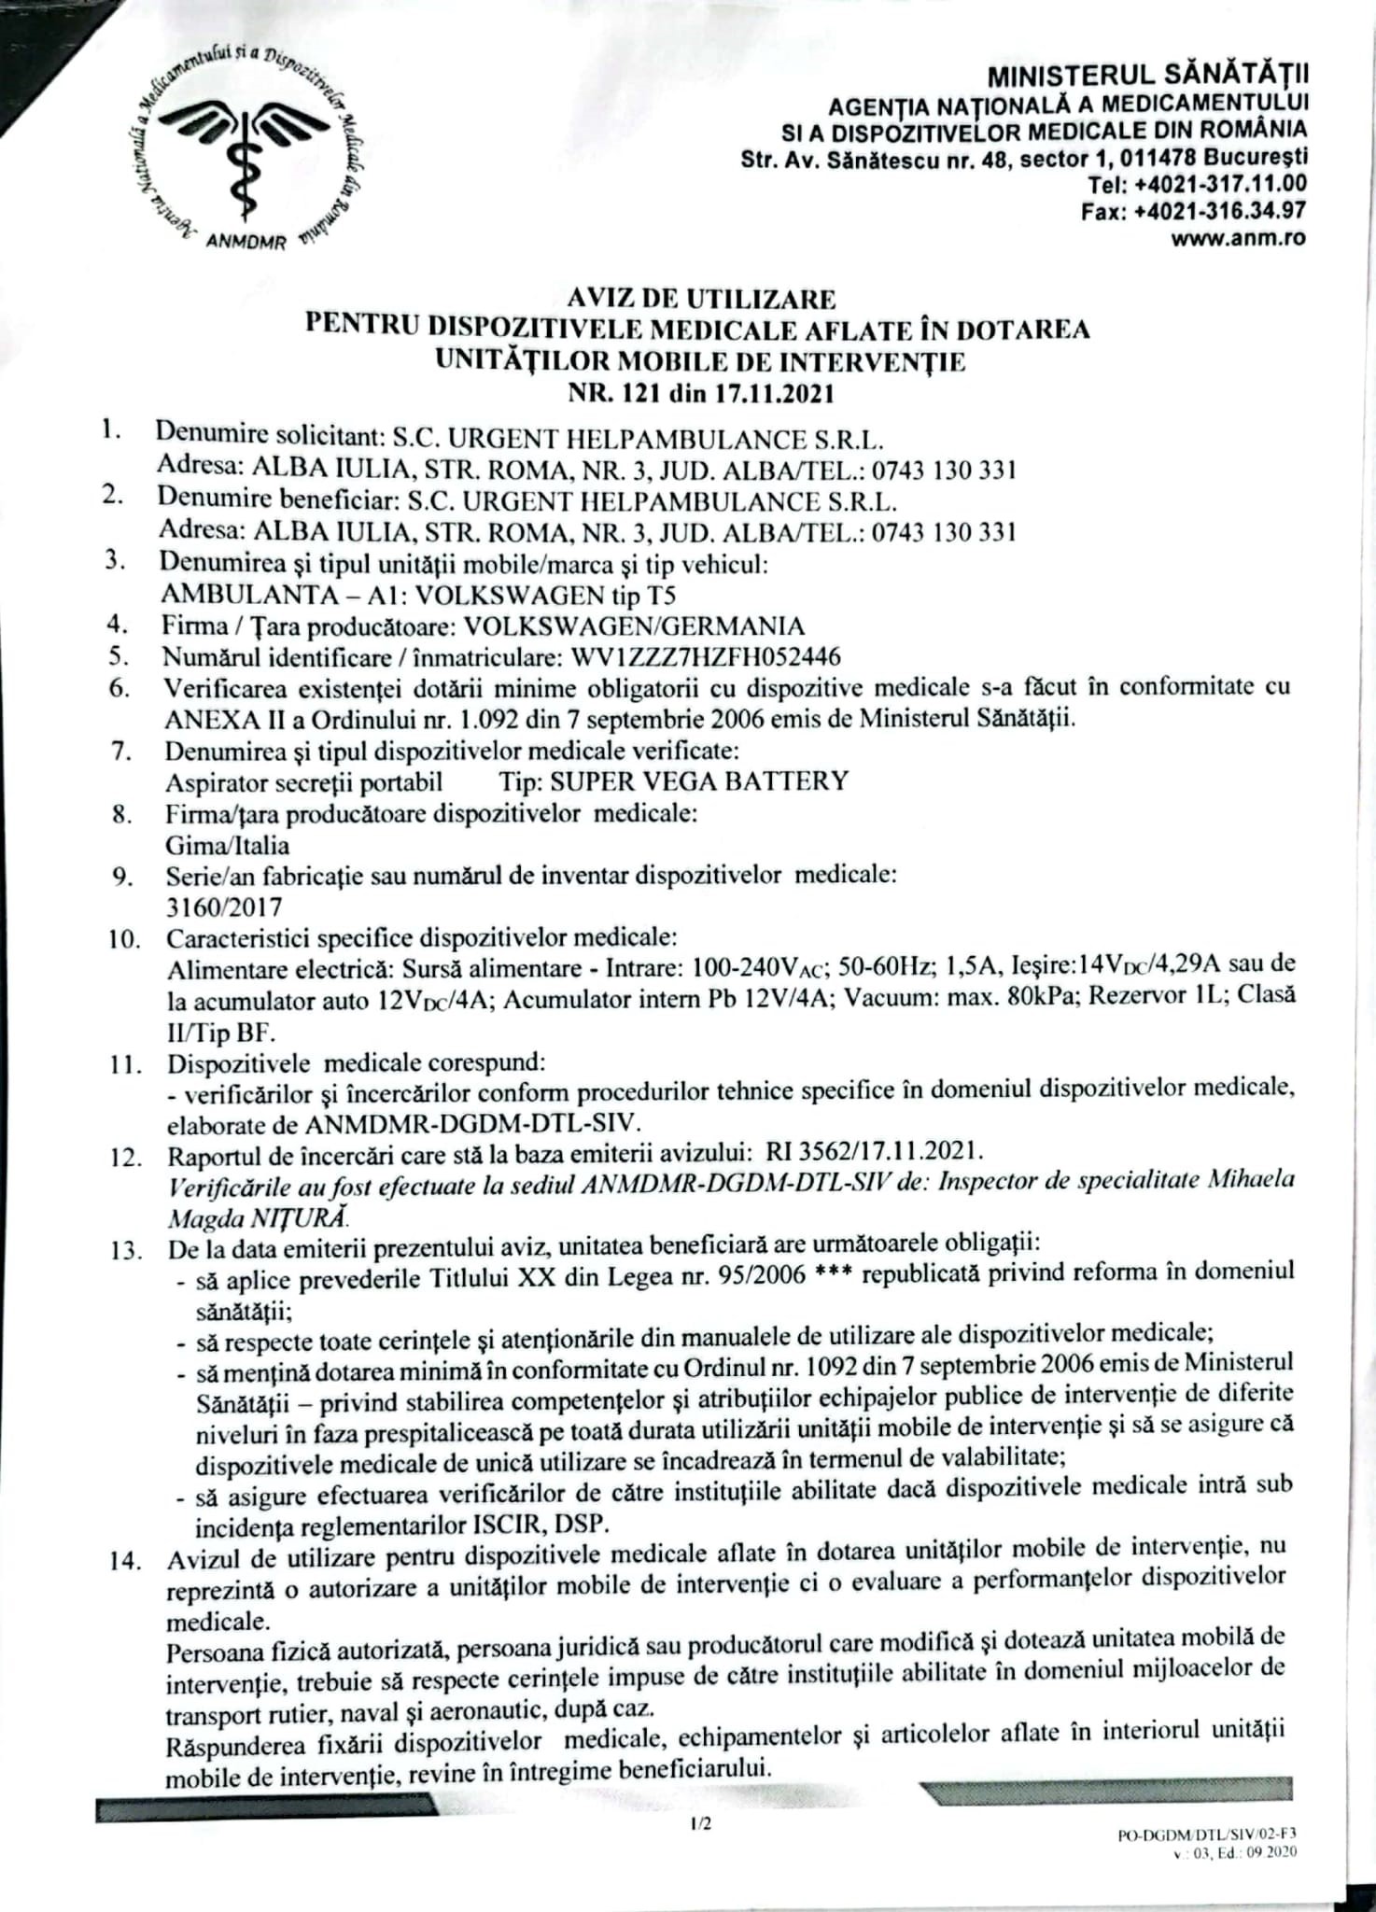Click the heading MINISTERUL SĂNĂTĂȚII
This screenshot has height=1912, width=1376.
1148,74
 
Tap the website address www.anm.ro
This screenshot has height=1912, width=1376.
1238,238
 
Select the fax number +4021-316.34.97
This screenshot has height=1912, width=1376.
1219,212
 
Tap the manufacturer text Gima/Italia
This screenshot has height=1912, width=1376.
227,846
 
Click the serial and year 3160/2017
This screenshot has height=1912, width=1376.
224,907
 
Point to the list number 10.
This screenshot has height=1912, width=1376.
123,938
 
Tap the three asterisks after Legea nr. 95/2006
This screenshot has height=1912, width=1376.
835,1275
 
